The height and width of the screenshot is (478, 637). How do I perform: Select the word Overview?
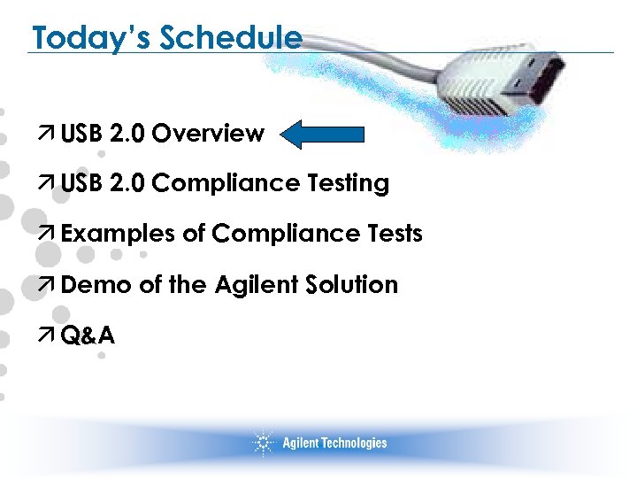click(x=208, y=134)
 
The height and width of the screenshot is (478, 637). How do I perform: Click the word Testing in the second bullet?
click(x=349, y=184)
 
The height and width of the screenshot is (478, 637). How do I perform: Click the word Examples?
click(x=119, y=235)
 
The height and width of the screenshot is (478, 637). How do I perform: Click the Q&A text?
click(x=88, y=335)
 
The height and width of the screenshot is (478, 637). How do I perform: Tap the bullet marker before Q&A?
click(x=51, y=335)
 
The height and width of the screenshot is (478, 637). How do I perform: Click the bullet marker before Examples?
click(x=51, y=235)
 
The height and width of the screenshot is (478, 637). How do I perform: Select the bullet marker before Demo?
click(x=51, y=285)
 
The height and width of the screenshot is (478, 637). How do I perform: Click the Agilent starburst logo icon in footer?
click(x=264, y=443)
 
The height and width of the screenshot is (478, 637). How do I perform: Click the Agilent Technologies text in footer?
click(x=334, y=443)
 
